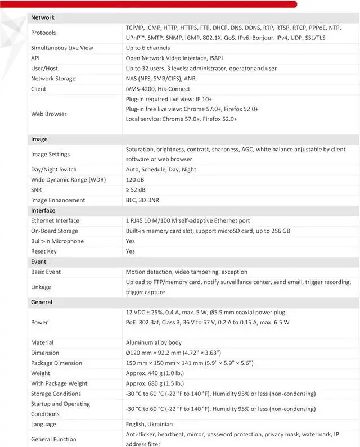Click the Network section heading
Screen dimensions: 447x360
43,17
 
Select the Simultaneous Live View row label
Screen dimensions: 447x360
62,48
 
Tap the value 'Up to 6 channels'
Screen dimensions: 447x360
147,48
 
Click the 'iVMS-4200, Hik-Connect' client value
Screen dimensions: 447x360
158,89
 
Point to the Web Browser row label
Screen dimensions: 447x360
49,114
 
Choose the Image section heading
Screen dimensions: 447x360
39,139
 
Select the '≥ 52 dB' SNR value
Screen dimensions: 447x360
136,190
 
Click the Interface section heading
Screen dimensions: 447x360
43,210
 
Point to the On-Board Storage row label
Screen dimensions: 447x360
55,231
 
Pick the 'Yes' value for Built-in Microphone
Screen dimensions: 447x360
130,241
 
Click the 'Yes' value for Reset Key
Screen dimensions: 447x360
130,251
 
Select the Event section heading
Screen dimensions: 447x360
38,261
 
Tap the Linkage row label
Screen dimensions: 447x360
41,287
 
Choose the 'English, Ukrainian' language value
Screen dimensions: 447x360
149,424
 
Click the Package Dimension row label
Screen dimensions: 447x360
56,363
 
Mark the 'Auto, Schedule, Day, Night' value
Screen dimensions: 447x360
161,169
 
